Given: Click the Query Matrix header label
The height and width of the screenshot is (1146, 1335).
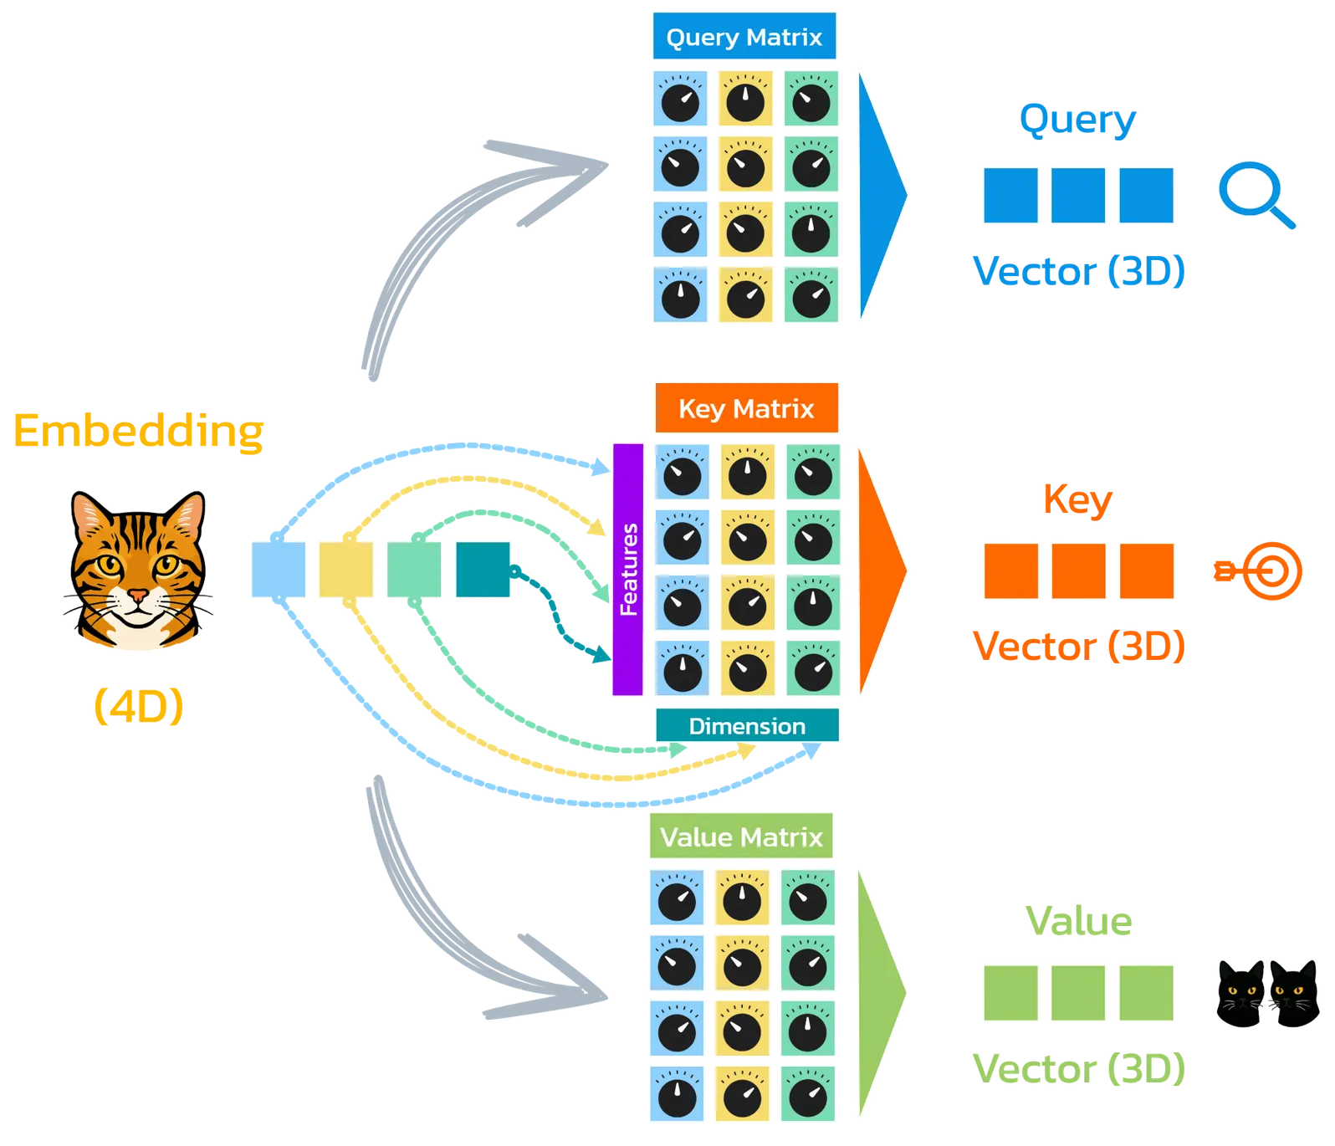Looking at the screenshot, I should (x=744, y=37).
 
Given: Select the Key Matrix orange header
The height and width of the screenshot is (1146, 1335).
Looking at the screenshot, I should (x=746, y=408).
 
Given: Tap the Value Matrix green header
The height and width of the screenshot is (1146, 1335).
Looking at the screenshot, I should (x=741, y=836).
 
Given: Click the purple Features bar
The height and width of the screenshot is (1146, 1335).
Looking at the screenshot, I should (x=628, y=570).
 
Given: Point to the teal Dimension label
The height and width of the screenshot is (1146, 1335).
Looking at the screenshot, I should (x=747, y=726).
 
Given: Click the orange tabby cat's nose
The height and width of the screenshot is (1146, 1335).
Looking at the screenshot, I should (x=137, y=596).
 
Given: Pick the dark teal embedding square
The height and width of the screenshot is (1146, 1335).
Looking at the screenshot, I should (x=483, y=570).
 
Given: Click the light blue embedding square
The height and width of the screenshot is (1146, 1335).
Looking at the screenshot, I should (x=278, y=570).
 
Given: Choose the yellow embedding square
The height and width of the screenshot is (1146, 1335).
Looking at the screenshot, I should (x=345, y=570).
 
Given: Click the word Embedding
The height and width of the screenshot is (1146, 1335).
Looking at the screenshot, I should (x=139, y=432).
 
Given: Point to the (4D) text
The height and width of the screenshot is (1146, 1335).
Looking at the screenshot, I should (x=138, y=707).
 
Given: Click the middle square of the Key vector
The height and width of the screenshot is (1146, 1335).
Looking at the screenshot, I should (x=1078, y=570).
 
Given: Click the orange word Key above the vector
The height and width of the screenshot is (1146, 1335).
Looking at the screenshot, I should (x=1077, y=499).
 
